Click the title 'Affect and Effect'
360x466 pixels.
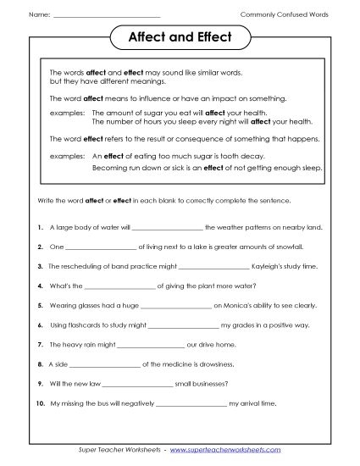179,38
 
